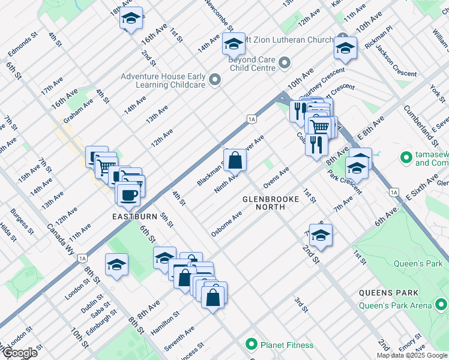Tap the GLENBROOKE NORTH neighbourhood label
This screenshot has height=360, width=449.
tap(271, 202)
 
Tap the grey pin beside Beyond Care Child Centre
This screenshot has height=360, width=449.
tap(285, 62)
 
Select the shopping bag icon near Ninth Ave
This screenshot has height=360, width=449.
tap(235, 160)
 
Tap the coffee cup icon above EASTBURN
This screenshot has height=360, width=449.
tap(128, 194)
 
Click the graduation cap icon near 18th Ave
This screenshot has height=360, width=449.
tap(130, 19)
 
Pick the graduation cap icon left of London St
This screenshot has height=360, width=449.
tap(116, 265)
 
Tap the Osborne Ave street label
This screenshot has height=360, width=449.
tap(226, 224)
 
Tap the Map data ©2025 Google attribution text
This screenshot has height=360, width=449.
tap(411, 355)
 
